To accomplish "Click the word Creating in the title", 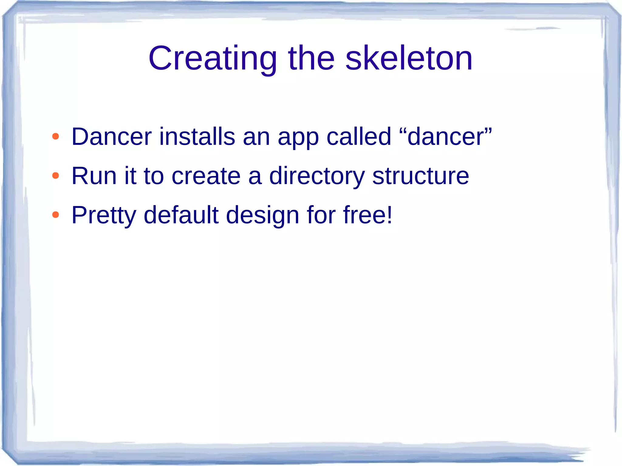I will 213,58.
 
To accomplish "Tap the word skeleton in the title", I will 409,58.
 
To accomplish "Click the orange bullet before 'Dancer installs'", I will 55,137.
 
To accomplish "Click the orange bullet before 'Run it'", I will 55,176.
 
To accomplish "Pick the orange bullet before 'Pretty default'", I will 55,215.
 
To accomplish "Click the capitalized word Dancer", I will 111,137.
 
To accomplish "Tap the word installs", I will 197,137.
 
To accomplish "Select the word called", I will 359,137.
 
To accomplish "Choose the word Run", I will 94,176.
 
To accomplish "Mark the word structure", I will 421,176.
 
